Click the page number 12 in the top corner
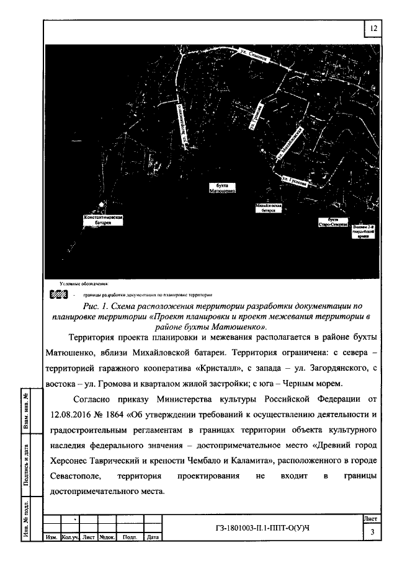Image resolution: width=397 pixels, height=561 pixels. [373, 29]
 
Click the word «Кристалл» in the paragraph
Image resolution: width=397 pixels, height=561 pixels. [209, 366]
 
